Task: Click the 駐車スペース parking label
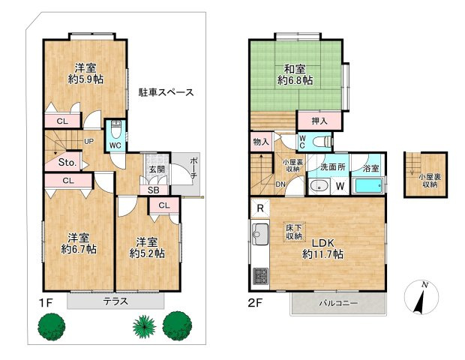point(166,93)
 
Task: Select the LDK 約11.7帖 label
point(324,249)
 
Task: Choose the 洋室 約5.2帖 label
point(147,247)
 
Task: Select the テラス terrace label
point(115,301)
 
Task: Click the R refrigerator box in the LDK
point(259,208)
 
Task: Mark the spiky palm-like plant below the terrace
point(142,325)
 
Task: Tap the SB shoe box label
point(154,190)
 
